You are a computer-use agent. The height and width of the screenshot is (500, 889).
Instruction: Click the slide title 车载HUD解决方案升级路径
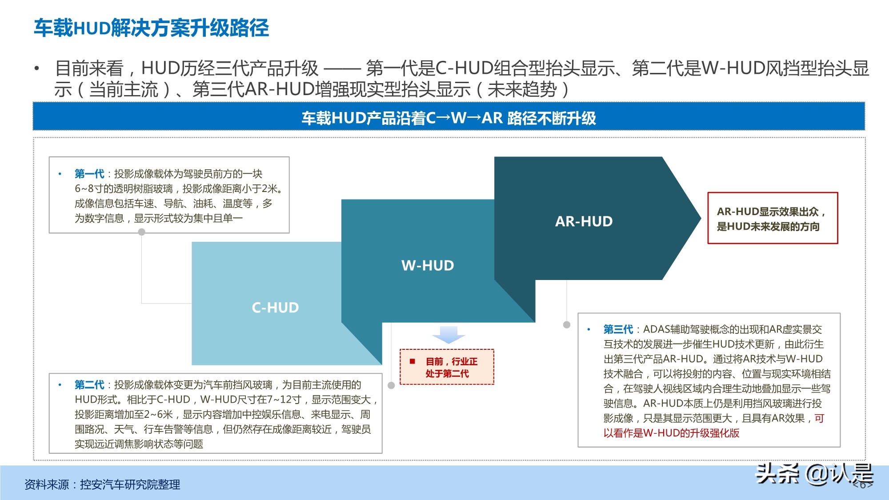click(152, 28)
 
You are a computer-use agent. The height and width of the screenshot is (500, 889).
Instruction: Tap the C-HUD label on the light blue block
click(275, 308)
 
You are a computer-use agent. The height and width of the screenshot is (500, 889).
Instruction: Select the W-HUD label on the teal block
click(428, 265)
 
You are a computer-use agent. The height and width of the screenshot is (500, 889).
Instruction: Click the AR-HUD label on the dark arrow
click(584, 221)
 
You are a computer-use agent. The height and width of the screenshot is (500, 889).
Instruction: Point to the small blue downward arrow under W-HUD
click(449, 335)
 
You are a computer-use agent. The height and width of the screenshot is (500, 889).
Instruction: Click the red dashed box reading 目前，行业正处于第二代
click(447, 367)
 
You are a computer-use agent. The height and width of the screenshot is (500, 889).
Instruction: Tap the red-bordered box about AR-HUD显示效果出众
click(773, 218)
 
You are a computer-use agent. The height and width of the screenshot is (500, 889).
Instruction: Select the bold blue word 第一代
click(89, 174)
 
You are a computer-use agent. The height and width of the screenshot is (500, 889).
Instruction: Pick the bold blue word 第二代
click(89, 384)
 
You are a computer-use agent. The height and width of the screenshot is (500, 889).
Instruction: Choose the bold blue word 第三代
click(618, 329)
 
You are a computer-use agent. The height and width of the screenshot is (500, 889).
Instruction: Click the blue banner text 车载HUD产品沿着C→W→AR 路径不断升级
click(449, 118)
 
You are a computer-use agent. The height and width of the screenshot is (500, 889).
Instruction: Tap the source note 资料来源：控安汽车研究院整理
click(102, 484)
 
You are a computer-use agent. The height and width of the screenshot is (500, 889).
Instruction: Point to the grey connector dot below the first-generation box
click(142, 232)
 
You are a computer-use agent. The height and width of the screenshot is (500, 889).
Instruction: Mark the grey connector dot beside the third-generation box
click(567, 324)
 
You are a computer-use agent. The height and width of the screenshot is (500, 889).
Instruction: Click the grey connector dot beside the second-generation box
click(391, 385)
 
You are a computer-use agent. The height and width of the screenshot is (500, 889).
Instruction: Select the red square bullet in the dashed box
click(412, 361)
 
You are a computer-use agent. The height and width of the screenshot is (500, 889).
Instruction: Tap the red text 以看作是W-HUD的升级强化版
click(671, 433)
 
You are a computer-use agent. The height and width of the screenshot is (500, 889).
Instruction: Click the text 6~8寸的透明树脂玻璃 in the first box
click(124, 189)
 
